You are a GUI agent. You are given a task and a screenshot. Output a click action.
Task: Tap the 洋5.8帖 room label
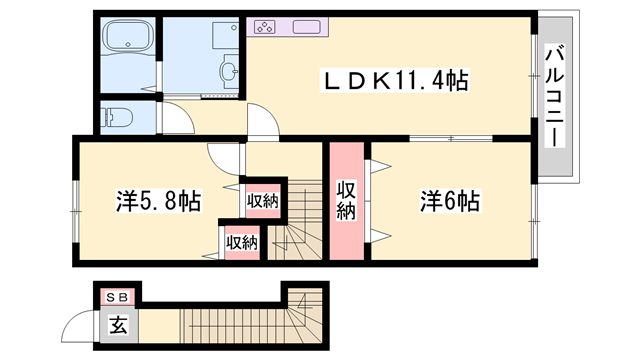pyautogui.click(x=158, y=201)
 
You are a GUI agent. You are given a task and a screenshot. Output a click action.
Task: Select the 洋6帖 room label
pyautogui.click(x=450, y=200)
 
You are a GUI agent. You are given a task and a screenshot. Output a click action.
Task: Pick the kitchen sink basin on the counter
pyautogui.click(x=305, y=28)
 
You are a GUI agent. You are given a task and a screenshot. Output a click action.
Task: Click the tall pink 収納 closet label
pyautogui.click(x=346, y=199)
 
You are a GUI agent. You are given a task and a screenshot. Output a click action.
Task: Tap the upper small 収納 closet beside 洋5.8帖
pyautogui.click(x=263, y=200)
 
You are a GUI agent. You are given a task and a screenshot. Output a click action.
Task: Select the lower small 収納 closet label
pyautogui.click(x=242, y=241)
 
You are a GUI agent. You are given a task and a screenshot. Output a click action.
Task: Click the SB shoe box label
pyautogui.click(x=117, y=297)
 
